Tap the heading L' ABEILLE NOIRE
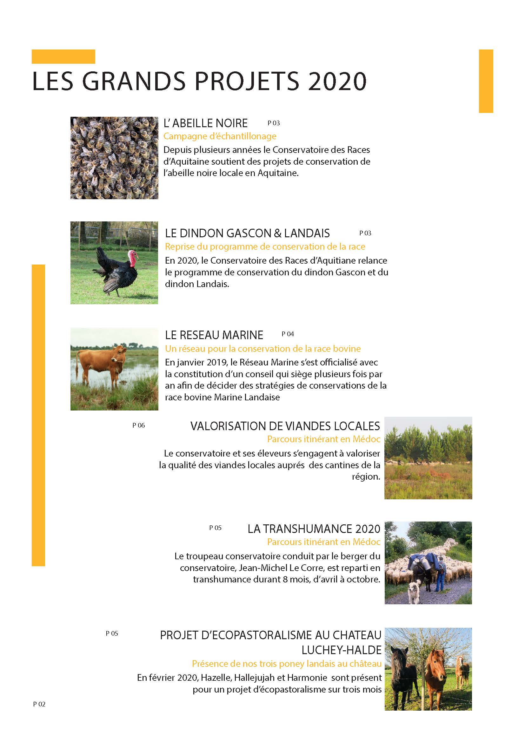click(206, 123)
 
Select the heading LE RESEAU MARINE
click(214, 335)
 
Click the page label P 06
click(139, 426)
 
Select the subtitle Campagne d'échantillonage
click(220, 136)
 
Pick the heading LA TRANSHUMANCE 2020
click(314, 529)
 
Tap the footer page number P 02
click(39, 704)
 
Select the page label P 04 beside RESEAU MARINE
click(288, 334)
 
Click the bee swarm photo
click(114, 158)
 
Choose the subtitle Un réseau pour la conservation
click(262, 349)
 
